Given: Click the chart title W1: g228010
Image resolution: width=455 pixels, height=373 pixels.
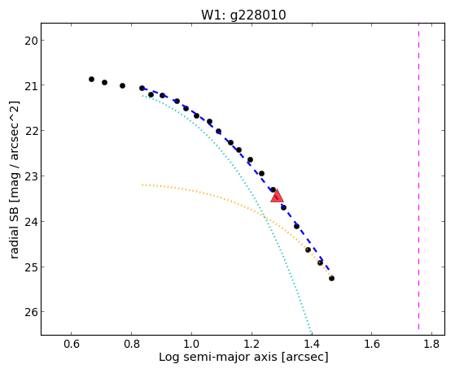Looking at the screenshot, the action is click(243, 15).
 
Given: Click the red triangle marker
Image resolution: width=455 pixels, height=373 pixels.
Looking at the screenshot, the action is click(277, 196).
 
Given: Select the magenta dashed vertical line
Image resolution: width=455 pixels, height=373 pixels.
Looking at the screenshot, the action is click(418, 176).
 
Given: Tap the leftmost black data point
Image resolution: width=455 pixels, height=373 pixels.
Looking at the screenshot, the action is click(91, 79).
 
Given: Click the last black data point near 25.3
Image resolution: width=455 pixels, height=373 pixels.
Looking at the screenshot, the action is click(331, 278).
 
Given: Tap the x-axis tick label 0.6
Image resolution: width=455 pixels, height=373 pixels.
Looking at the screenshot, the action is click(72, 344).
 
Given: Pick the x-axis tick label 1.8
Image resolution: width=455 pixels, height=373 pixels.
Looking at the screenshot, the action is click(431, 344).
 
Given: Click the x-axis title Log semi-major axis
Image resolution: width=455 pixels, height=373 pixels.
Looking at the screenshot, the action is click(218, 357).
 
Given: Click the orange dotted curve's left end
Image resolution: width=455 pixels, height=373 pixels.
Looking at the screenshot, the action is click(142, 184).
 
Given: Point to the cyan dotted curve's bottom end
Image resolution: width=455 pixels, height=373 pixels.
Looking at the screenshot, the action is click(311, 333).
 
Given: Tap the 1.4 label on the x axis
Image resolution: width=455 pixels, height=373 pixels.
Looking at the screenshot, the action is click(312, 344).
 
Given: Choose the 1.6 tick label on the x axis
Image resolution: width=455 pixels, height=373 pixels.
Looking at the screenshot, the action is click(372, 344).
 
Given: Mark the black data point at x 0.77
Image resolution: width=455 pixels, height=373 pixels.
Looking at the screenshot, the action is click(122, 85).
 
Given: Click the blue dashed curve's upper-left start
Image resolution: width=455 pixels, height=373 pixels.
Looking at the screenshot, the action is click(142, 89).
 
